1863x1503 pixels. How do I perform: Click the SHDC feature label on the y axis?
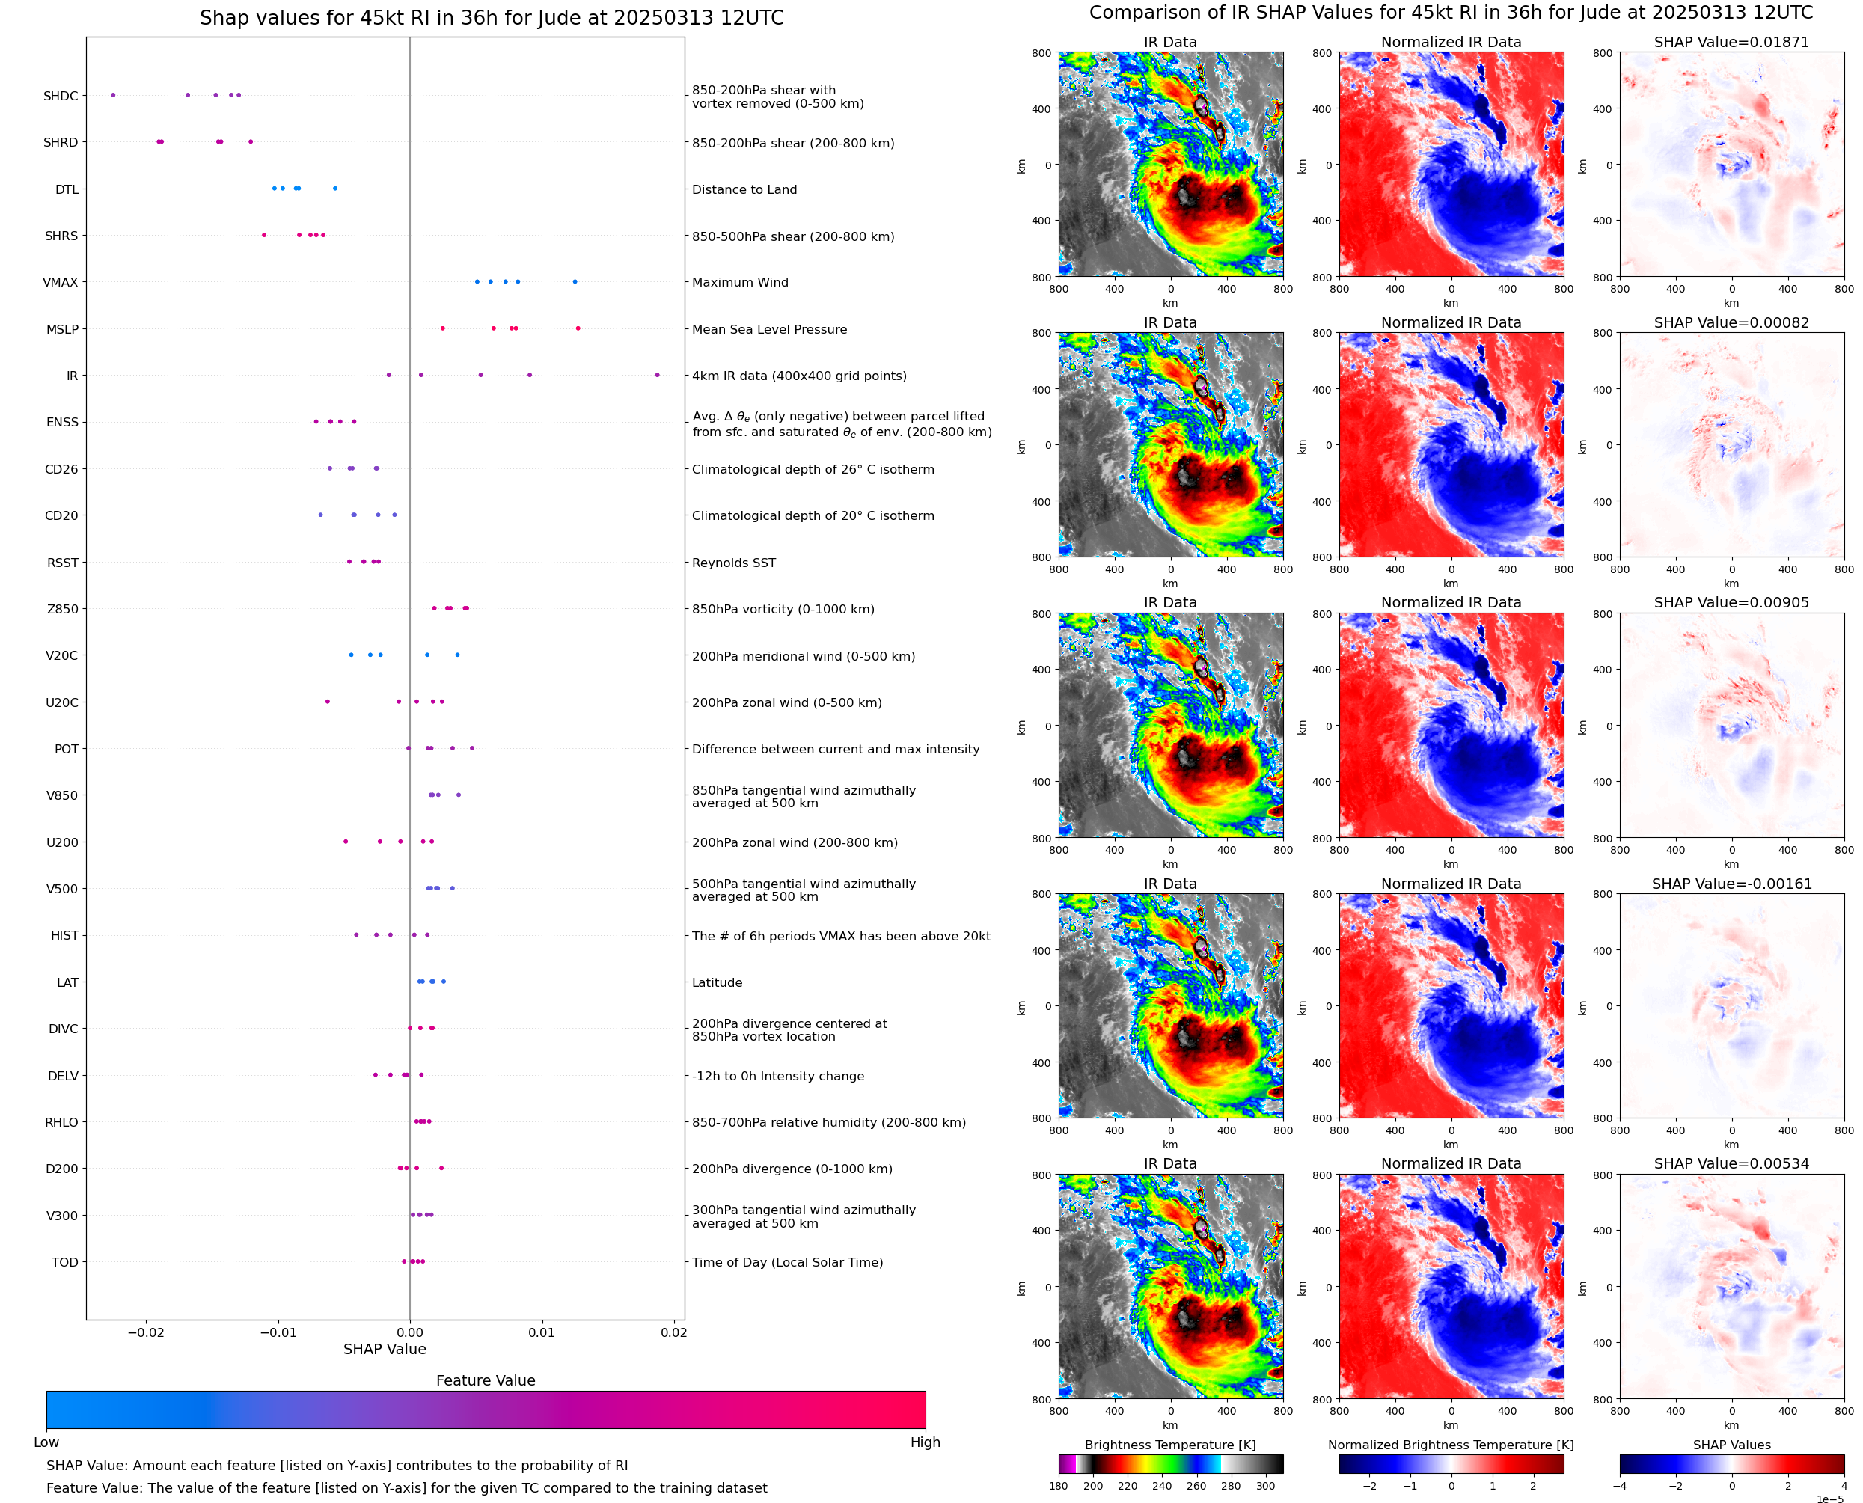pos(61,96)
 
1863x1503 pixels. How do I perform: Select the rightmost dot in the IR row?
pos(657,375)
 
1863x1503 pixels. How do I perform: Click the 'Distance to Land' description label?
pos(744,189)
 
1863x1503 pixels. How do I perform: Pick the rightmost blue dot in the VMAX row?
pos(575,281)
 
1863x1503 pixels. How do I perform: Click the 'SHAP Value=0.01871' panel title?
pos(1731,43)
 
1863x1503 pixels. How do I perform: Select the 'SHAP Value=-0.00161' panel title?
pos(1731,884)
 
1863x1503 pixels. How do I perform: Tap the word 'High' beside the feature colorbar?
pos(925,1442)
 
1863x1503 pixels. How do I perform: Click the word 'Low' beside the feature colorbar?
pos(46,1442)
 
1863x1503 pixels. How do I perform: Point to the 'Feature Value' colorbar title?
pos(486,1380)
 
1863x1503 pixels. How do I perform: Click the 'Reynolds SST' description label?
pos(733,563)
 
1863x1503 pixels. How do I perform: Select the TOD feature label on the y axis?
pos(65,1262)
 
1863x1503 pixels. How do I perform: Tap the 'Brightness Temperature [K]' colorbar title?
pos(1169,1445)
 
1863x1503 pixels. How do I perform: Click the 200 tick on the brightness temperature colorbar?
pos(1093,1486)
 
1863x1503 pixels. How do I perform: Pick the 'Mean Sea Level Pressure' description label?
pos(768,329)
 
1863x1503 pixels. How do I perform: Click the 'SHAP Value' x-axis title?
pos(385,1349)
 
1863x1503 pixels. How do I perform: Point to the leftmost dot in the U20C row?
pos(327,701)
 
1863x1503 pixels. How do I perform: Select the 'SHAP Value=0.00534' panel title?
pos(1731,1163)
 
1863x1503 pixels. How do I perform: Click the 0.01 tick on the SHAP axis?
pos(542,1332)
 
